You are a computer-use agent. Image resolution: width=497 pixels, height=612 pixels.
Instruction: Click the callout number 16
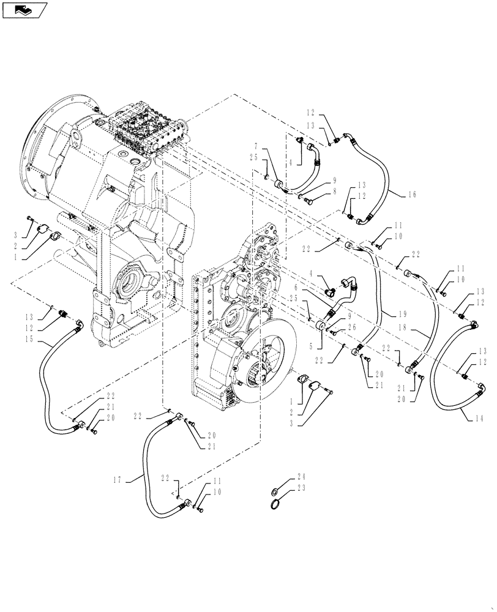point(411,194)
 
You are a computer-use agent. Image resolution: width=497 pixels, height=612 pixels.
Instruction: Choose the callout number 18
point(419,329)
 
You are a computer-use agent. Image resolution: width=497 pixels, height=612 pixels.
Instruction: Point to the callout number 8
point(335,191)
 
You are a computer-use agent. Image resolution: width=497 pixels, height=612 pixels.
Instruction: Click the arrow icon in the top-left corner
point(24,9)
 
